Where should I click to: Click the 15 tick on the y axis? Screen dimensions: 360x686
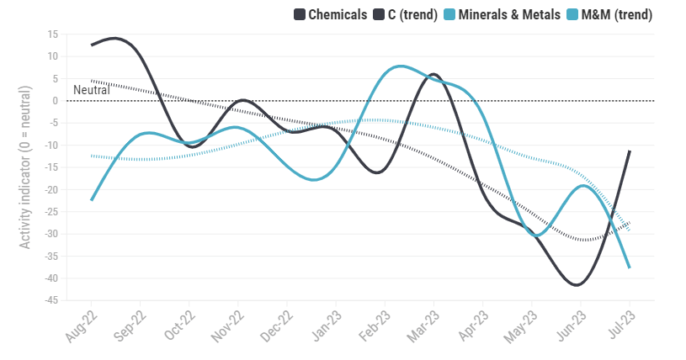[52, 34]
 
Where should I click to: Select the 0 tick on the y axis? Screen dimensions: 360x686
[55, 101]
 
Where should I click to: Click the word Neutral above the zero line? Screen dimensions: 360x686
[92, 90]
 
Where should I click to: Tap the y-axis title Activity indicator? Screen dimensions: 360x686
[25, 167]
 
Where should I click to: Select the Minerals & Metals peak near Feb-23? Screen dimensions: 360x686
[399, 66]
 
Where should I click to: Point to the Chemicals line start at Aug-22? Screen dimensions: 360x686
[92, 45]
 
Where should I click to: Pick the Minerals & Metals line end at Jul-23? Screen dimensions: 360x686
[630, 267]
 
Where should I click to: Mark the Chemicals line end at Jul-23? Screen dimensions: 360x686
[630, 151]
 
